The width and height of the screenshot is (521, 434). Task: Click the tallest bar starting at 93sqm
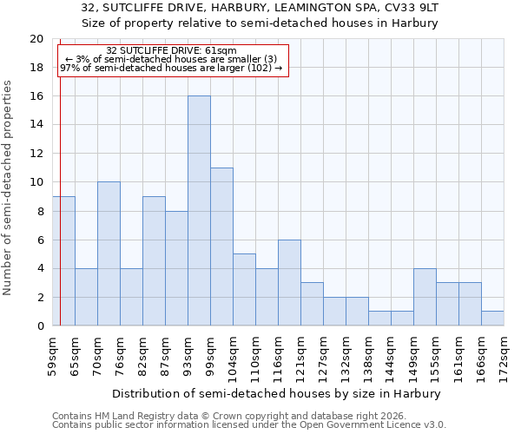[x=199, y=211]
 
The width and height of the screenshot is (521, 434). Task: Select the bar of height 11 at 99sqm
[x=221, y=247]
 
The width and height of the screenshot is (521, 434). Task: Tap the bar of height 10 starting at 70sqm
[x=109, y=253]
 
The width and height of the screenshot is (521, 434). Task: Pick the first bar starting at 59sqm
[x=63, y=260]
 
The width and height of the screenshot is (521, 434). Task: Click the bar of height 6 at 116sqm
[x=289, y=282]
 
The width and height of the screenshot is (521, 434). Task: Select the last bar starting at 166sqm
[x=492, y=318]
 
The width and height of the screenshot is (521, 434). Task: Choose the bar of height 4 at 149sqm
[x=425, y=297]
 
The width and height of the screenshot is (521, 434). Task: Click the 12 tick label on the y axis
[x=36, y=154]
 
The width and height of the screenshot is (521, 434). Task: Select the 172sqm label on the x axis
[x=505, y=355]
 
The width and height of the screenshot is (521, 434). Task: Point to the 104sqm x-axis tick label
[x=234, y=355]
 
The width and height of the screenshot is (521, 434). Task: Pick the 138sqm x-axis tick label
[x=369, y=355]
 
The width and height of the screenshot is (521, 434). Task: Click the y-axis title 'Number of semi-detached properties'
[x=9, y=187]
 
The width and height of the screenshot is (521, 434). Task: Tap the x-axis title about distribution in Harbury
[x=278, y=393]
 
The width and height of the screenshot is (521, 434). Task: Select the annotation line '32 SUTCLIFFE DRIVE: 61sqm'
[x=171, y=51]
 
